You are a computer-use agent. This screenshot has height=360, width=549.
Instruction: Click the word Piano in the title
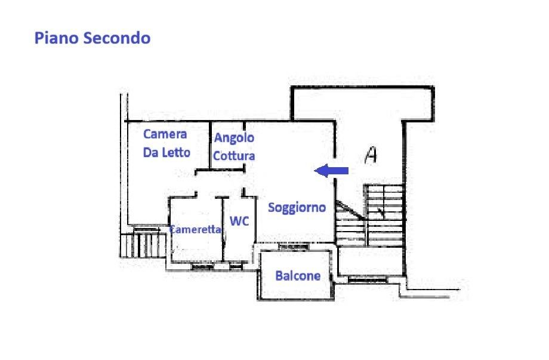tap(56, 38)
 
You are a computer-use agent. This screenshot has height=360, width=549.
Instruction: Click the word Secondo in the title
tap(117, 38)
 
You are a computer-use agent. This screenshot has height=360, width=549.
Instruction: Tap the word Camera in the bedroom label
tap(165, 134)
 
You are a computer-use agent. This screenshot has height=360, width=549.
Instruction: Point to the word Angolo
tap(234, 138)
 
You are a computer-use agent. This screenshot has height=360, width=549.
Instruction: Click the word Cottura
tap(234, 156)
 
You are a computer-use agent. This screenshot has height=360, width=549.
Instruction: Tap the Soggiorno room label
tap(297, 208)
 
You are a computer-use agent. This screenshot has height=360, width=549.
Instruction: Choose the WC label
tap(239, 221)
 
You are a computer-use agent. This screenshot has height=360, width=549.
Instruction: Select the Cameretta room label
tap(195, 229)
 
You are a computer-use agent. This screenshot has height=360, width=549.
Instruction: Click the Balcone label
tap(298, 276)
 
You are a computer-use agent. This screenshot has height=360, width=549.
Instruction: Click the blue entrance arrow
tap(331, 171)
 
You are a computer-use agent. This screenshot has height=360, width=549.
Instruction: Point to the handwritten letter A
tap(371, 155)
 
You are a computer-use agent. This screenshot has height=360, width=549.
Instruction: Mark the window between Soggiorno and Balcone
tap(294, 247)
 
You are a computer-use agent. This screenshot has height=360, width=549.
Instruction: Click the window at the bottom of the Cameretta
tap(203, 267)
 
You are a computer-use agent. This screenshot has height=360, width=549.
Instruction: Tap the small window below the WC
tap(236, 267)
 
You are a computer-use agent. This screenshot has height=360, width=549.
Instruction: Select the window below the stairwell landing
tap(368, 279)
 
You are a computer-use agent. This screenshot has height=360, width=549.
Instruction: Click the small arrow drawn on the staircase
tap(381, 212)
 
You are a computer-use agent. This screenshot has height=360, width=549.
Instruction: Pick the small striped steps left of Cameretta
tap(143, 244)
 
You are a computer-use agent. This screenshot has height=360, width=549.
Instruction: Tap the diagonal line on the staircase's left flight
tap(351, 210)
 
